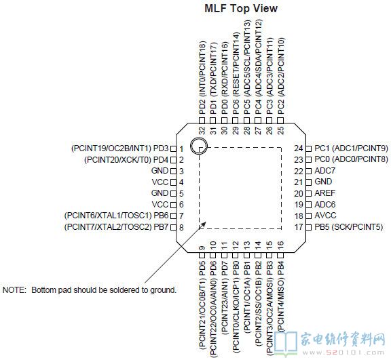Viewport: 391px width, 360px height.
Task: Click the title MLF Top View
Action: tap(241, 8)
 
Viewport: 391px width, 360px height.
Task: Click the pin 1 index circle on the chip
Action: tap(199, 145)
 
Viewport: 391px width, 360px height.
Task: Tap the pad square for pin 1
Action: tap(173, 148)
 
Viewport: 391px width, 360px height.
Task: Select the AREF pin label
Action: tap(325, 193)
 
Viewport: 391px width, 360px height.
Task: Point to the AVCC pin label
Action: tap(325, 216)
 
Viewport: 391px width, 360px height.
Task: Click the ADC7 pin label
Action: tap(325, 171)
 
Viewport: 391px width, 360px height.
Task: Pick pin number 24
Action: tap(299, 148)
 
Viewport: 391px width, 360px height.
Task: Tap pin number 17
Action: tap(299, 227)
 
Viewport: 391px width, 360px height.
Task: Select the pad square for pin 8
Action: tap(173, 227)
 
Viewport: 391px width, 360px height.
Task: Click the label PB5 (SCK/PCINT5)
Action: tap(349, 227)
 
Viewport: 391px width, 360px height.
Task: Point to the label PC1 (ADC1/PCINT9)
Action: tap(352, 148)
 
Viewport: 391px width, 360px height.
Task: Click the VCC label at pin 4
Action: tap(160, 182)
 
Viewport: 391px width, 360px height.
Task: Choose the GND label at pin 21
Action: tap(323, 182)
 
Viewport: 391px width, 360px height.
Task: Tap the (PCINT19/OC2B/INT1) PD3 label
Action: tap(120, 148)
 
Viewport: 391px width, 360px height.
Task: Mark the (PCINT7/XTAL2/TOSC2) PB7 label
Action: tap(117, 227)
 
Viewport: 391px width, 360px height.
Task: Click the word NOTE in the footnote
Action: tap(14, 290)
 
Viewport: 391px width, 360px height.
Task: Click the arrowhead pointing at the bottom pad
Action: tap(202, 224)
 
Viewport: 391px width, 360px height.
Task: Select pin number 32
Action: tap(202, 130)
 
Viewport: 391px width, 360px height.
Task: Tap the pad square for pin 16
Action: tap(280, 256)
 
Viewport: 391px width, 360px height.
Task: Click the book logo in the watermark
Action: tap(286, 343)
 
